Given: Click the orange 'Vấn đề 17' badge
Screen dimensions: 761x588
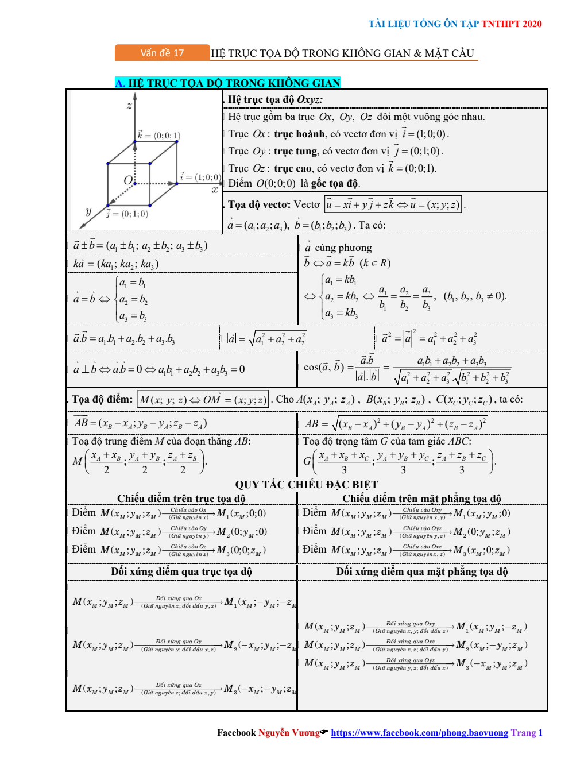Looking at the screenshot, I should pyautogui.click(x=162, y=53).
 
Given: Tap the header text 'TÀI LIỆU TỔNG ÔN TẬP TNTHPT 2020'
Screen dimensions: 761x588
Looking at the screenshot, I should pyautogui.click(x=455, y=24).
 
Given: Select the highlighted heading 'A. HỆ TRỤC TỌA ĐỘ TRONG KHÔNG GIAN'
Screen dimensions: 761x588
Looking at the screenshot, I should pyautogui.click(x=228, y=83).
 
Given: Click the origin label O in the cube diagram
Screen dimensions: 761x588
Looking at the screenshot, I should pyautogui.click(x=128, y=180).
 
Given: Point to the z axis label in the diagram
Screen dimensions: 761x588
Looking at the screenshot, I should pyautogui.click(x=129, y=105).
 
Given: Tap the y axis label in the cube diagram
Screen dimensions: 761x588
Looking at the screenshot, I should pyautogui.click(x=88, y=211).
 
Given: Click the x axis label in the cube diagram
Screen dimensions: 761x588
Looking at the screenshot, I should pyautogui.click(x=215, y=190).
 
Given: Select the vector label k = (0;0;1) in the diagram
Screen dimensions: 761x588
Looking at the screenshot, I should pyautogui.click(x=158, y=136).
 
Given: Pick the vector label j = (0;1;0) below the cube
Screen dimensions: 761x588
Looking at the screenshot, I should pyautogui.click(x=127, y=214).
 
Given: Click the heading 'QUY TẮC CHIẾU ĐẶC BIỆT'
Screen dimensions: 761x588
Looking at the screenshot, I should pyautogui.click(x=307, y=484).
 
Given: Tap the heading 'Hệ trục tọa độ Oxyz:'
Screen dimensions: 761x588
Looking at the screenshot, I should pyautogui.click(x=275, y=99).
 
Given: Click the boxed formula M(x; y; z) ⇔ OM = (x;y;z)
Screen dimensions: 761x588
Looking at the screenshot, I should pyautogui.click(x=203, y=400).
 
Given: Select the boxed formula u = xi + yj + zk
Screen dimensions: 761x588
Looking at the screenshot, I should pyautogui.click(x=393, y=204).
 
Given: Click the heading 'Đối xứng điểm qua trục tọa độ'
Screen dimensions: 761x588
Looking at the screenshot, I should pyautogui.click(x=181, y=571).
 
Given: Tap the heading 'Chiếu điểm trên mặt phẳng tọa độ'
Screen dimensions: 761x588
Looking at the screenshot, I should pyautogui.click(x=421, y=499).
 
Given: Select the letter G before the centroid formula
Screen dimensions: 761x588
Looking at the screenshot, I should pyautogui.click(x=307, y=461).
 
